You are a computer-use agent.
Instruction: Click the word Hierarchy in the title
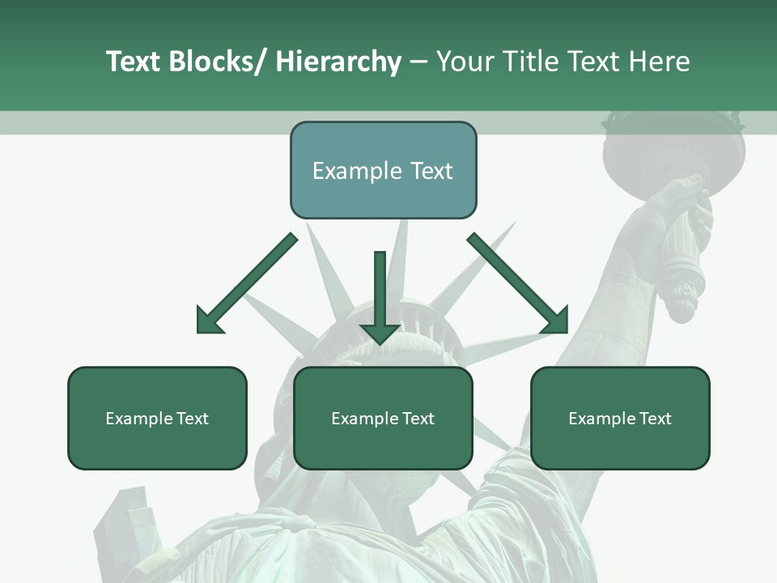tap(338, 62)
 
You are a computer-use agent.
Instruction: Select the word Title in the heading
tap(530, 62)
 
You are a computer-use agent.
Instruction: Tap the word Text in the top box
tap(431, 171)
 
